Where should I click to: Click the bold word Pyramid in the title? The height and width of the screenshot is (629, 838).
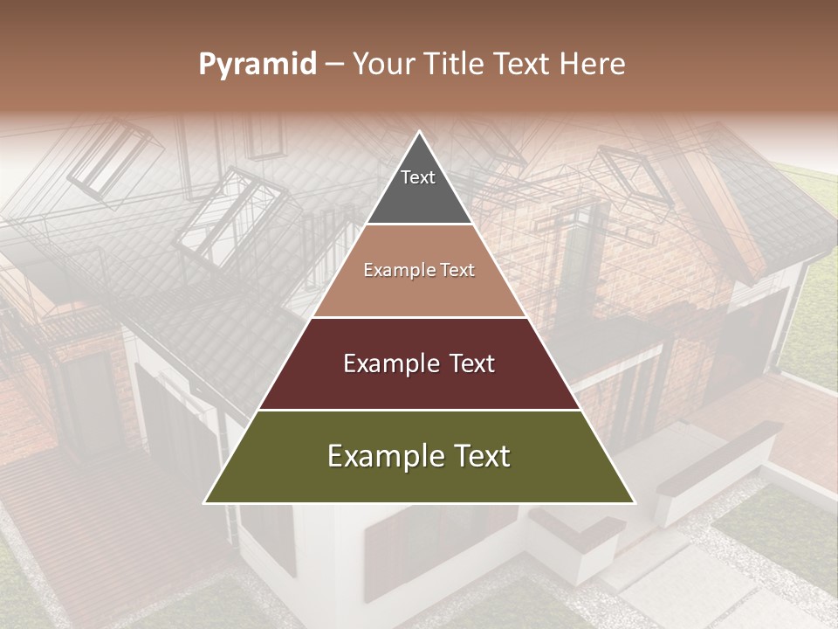coord(258,65)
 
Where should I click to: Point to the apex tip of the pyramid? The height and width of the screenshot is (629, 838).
coord(419,133)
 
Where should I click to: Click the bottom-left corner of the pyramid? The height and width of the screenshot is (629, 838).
coord(206,502)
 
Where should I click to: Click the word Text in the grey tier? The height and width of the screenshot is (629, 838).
coord(418,177)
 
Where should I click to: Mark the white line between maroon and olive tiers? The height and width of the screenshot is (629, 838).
coord(419,410)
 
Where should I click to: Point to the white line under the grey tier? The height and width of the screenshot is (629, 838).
coord(419,225)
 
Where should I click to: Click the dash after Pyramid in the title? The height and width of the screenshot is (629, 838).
coord(334,65)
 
